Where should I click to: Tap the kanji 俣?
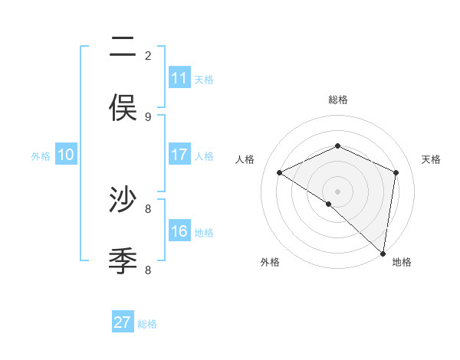point(123,108)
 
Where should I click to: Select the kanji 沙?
point(123,200)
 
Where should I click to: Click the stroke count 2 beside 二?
point(148,55)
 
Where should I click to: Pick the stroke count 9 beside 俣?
point(148,116)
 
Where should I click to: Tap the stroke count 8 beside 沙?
point(148,208)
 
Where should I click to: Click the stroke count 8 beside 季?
point(148,270)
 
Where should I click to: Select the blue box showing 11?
point(179,78)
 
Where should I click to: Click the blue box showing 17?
point(179,155)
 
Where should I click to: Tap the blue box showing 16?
point(179,231)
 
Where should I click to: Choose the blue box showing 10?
point(66,155)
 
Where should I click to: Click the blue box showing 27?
point(123,322)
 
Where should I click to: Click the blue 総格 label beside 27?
point(147,324)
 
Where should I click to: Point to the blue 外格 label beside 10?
point(41,156)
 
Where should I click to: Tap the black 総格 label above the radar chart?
point(338,100)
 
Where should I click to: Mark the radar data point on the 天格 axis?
point(396,172)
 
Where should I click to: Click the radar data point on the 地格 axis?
point(383,253)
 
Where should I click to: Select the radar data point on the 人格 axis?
point(280,173)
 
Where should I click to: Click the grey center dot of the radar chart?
point(338,191)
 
